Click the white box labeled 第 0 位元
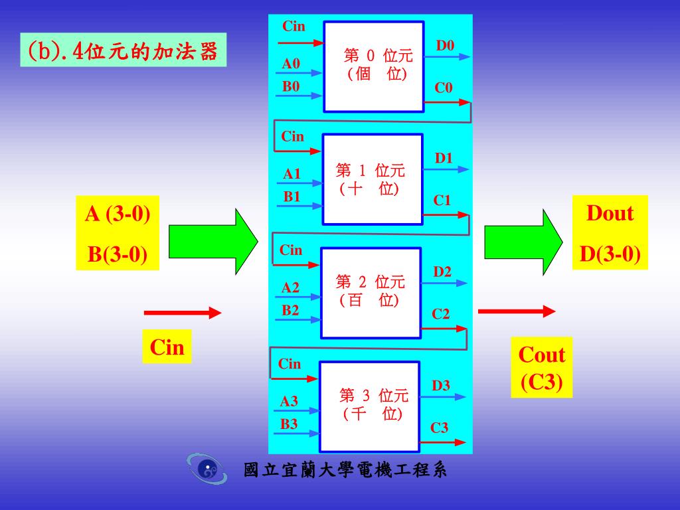click(x=373, y=66)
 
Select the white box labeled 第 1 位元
click(x=372, y=179)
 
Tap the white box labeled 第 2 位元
click(x=371, y=293)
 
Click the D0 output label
click(x=445, y=46)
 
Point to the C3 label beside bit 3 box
click(x=440, y=428)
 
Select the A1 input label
click(x=292, y=175)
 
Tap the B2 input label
click(x=290, y=310)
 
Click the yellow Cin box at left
click(x=167, y=347)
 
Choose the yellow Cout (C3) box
click(x=542, y=369)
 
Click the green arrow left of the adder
click(x=213, y=241)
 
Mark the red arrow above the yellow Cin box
click(x=182, y=313)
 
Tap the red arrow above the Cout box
click(x=517, y=311)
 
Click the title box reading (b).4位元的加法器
click(x=124, y=50)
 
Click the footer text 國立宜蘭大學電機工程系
click(x=345, y=470)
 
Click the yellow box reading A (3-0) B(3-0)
click(x=118, y=233)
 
